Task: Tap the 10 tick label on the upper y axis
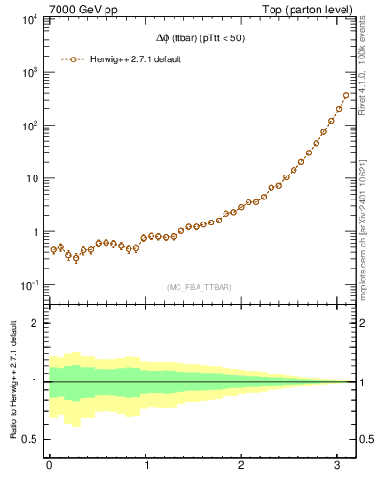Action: [x=31, y=179]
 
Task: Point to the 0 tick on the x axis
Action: [x=49, y=466]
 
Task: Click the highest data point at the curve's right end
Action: [x=345, y=95]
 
